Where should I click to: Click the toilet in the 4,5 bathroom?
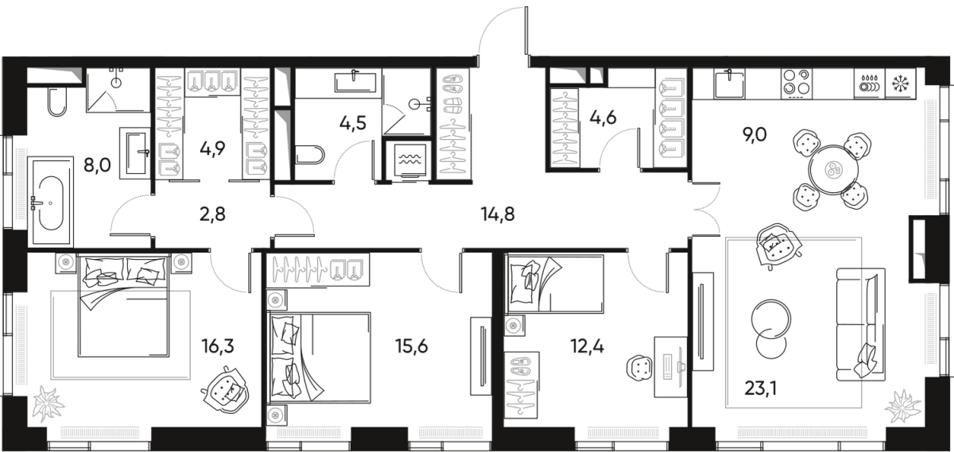(x=308, y=155)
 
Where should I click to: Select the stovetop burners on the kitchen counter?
(x=797, y=81)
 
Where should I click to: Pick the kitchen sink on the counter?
(x=729, y=79)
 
